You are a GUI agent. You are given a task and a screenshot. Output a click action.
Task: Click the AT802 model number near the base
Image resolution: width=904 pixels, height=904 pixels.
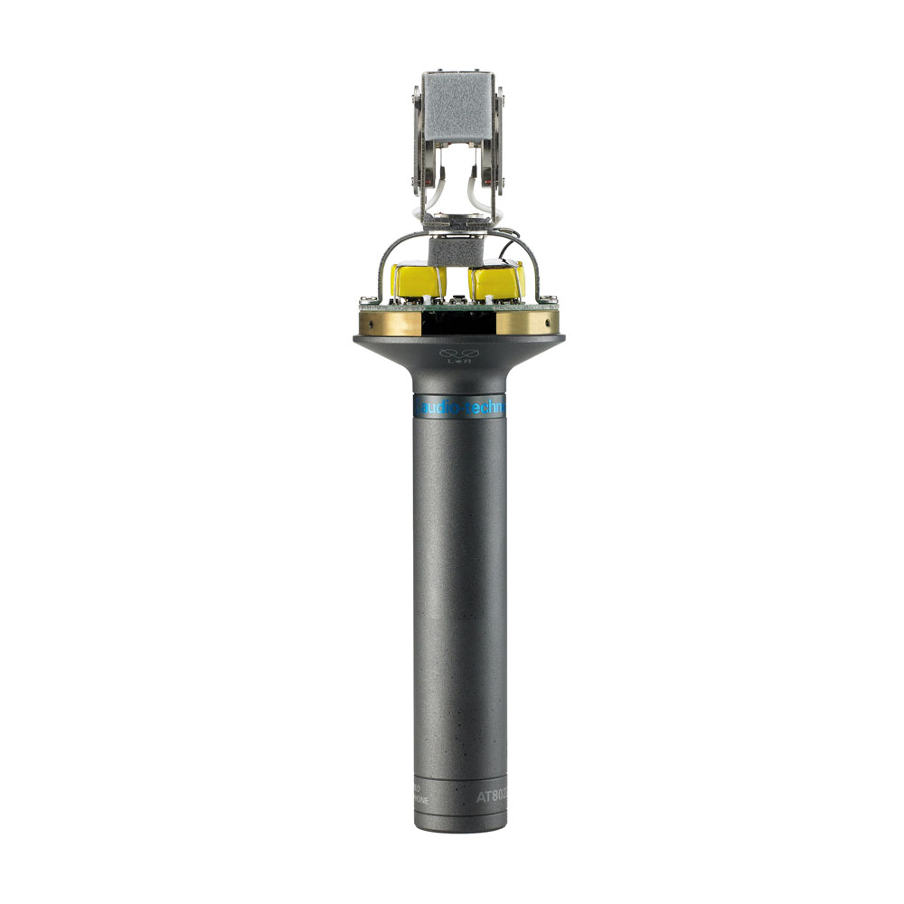coord(492,797)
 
